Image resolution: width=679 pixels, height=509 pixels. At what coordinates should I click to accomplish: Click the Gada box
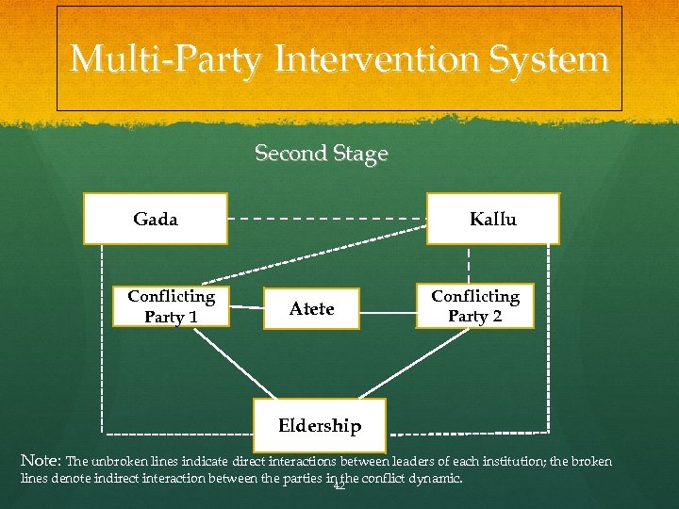pyautogui.click(x=156, y=219)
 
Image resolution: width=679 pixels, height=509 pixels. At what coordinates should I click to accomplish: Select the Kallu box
pyautogui.click(x=493, y=219)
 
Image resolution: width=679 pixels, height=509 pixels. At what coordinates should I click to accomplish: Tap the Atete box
pyautogui.click(x=312, y=308)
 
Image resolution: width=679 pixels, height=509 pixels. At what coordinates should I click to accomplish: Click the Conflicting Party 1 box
pyautogui.click(x=171, y=306)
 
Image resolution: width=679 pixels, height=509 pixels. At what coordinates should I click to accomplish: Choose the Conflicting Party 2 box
pyautogui.click(x=475, y=306)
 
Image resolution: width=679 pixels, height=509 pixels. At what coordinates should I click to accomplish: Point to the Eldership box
pyautogui.click(x=320, y=426)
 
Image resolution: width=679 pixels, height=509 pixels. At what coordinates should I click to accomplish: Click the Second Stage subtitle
pyautogui.click(x=322, y=153)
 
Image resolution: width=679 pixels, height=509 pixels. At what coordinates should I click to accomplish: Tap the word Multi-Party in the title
pyautogui.click(x=168, y=59)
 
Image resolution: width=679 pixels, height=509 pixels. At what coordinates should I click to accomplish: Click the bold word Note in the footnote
pyautogui.click(x=40, y=462)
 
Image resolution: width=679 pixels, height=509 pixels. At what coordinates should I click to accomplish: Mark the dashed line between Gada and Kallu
pyautogui.click(x=327, y=219)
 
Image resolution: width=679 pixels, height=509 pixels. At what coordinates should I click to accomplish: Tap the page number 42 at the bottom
pyautogui.click(x=339, y=485)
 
